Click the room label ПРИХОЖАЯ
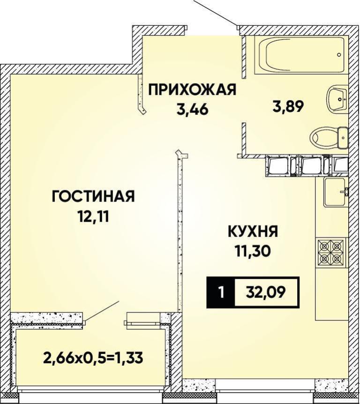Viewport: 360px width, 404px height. [193, 90]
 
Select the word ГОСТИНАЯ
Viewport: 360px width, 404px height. [93, 196]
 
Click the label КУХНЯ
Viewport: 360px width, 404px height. [253, 232]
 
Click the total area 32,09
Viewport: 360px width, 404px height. [266, 292]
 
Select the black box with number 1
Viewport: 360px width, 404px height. [221, 292]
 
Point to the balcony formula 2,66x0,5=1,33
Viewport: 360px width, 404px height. [93, 358]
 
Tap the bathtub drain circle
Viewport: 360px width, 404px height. [339, 55]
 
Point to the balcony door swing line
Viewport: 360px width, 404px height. [102, 311]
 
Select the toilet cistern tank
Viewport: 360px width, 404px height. [343, 138]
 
